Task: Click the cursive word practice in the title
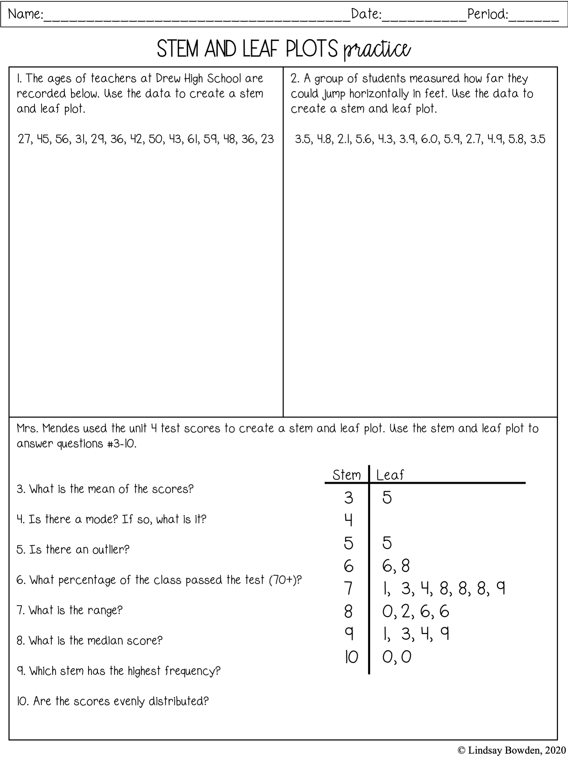point(377,50)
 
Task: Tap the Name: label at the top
point(25,14)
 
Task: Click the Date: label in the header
point(366,14)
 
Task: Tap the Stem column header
point(346,475)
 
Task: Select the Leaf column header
point(390,475)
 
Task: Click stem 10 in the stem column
point(350,657)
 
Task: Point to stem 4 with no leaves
point(348,520)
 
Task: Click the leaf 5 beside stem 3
point(387,497)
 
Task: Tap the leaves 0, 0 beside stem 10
point(397,657)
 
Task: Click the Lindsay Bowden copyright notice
point(511,750)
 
